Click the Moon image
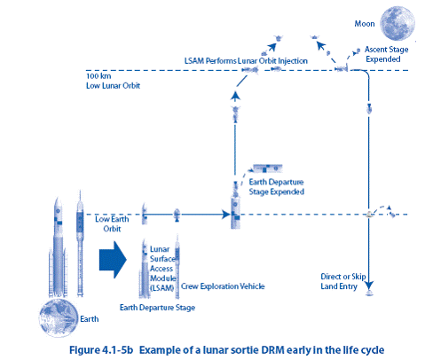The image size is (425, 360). point(397,23)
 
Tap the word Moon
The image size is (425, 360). point(365,24)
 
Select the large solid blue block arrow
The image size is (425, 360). point(113,260)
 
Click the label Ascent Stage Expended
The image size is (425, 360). point(386,54)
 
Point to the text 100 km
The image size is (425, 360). point(98,76)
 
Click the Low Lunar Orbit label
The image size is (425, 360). point(113,86)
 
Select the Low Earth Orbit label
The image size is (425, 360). point(112,223)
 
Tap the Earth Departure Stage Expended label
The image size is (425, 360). point(276,187)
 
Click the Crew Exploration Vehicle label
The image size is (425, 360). point(223,286)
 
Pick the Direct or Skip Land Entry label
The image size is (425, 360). point(343,281)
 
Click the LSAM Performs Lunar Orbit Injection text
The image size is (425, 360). point(246,61)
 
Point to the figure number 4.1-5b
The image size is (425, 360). point(117,350)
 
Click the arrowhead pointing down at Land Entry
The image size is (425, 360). point(369,286)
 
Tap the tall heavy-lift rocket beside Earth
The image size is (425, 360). point(58,247)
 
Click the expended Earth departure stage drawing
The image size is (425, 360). point(268,168)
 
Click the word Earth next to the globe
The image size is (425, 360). point(90,319)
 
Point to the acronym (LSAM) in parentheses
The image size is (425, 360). point(161,287)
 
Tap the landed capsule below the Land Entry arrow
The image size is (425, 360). point(369,293)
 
